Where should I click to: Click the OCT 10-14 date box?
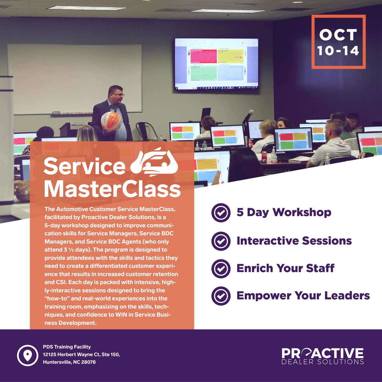click(338, 42)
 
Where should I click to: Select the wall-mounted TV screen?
click(216, 64)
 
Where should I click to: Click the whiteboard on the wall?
click(74, 78)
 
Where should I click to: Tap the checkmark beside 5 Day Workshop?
click(221, 213)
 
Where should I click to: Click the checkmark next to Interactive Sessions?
click(221, 241)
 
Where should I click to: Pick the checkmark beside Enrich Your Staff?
click(221, 268)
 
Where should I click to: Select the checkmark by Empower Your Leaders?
click(221, 296)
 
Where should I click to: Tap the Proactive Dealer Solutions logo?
click(322, 356)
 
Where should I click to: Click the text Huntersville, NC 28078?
click(69, 362)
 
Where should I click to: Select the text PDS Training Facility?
click(67, 347)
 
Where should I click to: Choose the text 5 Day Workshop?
click(284, 213)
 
